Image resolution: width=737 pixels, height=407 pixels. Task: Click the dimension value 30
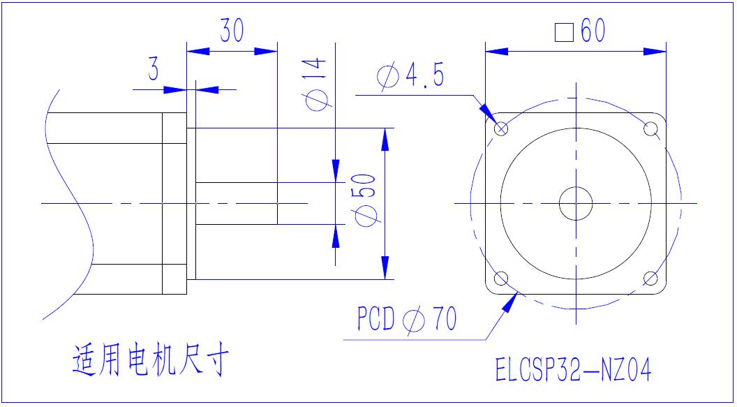point(232,31)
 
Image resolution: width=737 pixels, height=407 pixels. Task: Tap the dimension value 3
point(153,71)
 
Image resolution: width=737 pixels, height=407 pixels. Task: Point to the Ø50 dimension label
point(366,198)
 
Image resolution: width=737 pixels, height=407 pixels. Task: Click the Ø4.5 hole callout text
point(410,75)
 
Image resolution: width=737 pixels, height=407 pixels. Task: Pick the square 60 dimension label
point(579,31)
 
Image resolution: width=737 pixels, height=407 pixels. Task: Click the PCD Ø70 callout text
point(407,320)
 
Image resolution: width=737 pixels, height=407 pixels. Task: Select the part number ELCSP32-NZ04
point(573,370)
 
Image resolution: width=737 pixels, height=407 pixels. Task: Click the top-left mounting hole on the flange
point(501,129)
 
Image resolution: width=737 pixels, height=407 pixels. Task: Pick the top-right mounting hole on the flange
point(651,129)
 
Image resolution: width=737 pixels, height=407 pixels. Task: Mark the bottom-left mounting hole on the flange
point(501,279)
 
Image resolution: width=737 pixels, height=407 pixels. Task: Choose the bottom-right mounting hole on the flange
point(651,279)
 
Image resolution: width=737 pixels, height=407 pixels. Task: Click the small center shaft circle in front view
point(576,203)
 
